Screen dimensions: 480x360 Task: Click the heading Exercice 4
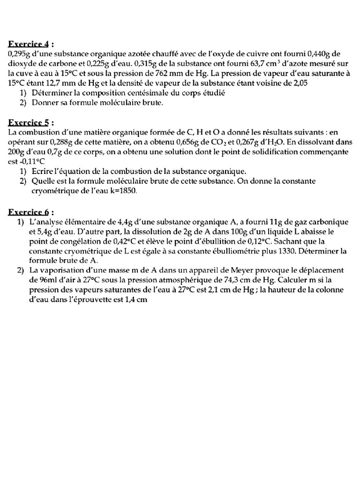(31, 45)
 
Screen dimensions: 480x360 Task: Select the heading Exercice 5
(31, 123)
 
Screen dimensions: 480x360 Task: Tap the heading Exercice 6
(31, 211)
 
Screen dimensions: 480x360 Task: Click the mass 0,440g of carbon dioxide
(319, 53)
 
